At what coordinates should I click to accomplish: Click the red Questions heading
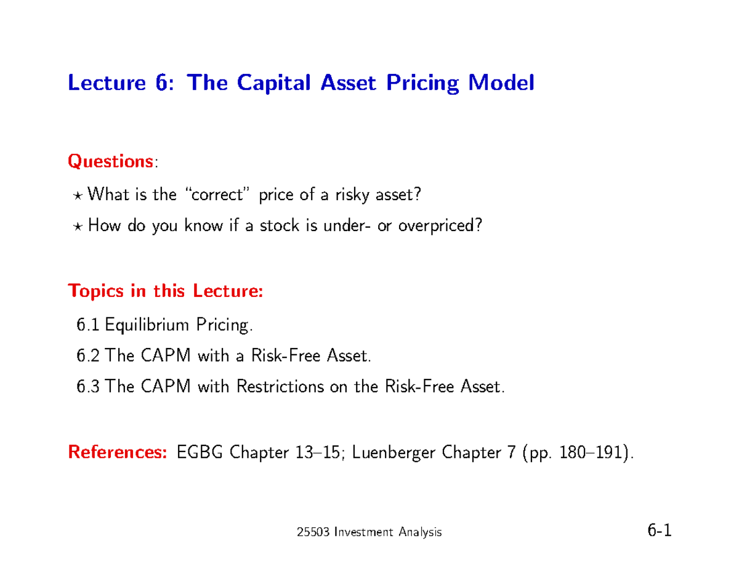point(110,161)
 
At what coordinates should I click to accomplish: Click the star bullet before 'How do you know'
point(79,226)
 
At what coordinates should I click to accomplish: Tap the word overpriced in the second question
point(438,226)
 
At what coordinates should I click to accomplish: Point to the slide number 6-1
point(658,530)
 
